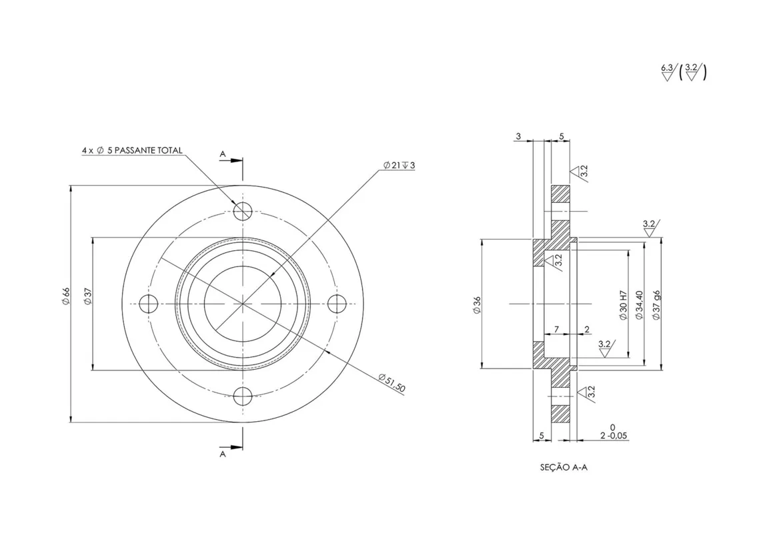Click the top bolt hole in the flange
point(243,212)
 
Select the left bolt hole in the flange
point(149,304)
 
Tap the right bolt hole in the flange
point(337,304)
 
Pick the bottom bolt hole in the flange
point(243,396)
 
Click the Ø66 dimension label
point(66,297)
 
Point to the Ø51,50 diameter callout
point(392,382)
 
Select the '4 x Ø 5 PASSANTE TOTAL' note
point(132,150)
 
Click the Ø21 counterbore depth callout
point(399,166)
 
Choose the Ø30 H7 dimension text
point(623,305)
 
